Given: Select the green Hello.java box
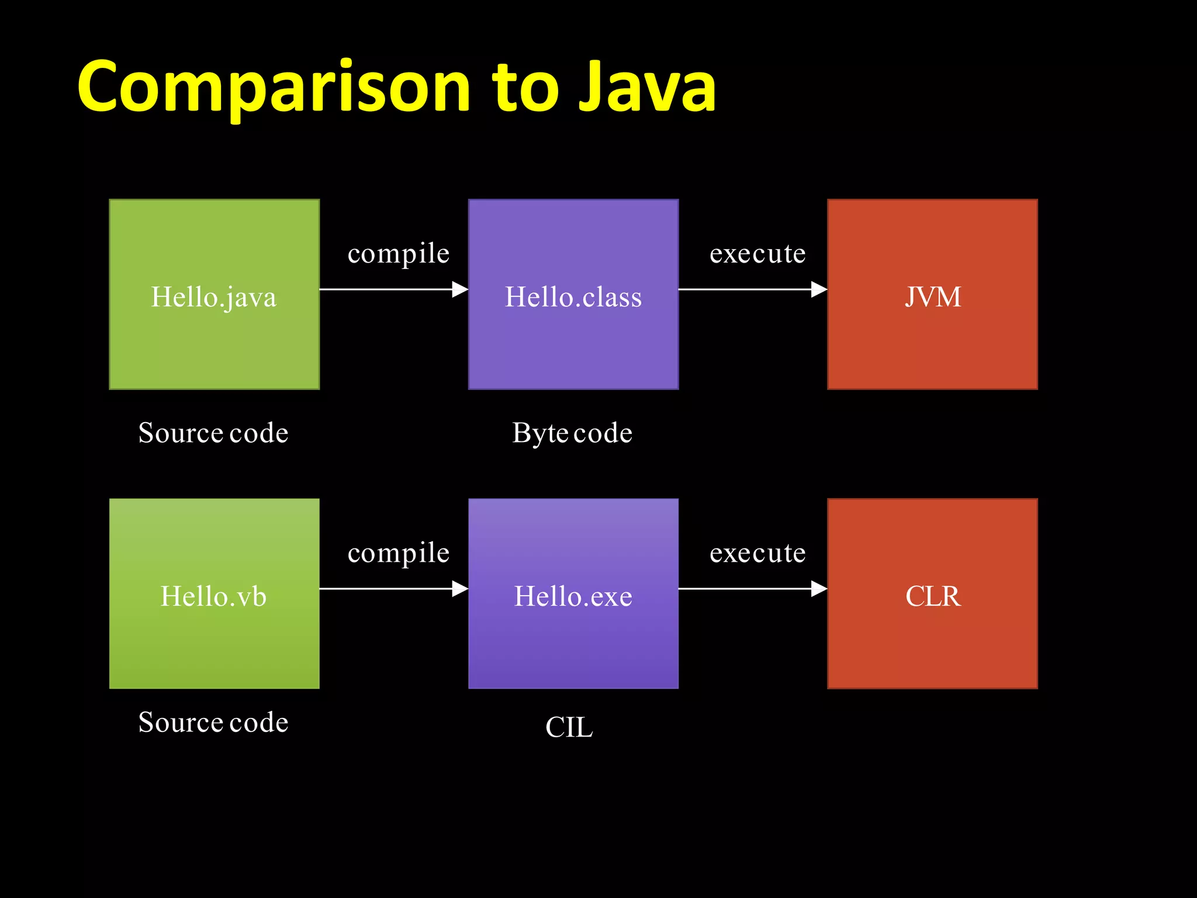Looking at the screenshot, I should [214, 294].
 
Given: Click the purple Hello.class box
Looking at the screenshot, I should [573, 294].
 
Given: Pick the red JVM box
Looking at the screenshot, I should [932, 294].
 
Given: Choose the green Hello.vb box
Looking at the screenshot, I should [214, 593].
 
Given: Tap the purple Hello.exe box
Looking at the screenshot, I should [573, 593].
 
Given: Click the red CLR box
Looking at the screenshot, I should [932, 593].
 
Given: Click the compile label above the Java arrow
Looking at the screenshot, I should [398, 254].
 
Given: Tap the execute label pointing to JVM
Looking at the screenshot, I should [757, 254].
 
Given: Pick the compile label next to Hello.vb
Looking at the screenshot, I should [398, 553].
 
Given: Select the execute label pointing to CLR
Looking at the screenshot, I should [757, 553].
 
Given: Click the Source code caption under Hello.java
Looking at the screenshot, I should [213, 433].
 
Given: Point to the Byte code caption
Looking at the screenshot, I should [572, 433].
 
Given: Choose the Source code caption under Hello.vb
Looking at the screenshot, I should [213, 723].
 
